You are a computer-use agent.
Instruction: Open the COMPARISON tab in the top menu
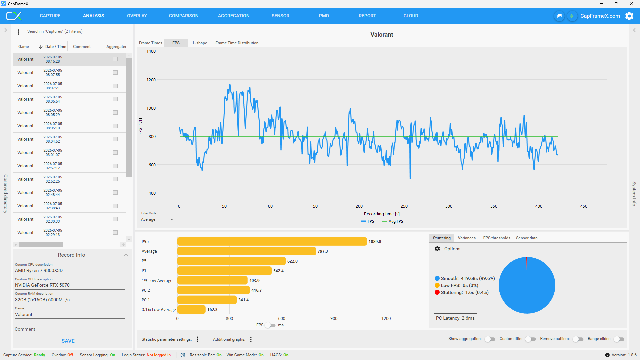click(x=184, y=16)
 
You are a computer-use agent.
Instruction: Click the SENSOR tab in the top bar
click(x=280, y=16)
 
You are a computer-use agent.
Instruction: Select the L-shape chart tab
click(x=200, y=43)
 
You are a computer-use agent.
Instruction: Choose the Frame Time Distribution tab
click(x=237, y=43)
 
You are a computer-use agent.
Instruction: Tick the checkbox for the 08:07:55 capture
click(x=115, y=73)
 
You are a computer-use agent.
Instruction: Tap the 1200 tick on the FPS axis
click(x=151, y=80)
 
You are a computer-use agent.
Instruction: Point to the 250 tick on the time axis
click(x=404, y=206)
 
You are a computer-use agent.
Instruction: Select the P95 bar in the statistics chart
click(x=272, y=242)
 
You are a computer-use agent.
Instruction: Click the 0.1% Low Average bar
click(x=191, y=310)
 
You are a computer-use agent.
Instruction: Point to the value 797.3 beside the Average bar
click(x=323, y=251)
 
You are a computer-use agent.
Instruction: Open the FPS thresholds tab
click(x=497, y=238)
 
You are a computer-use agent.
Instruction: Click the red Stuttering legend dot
click(x=437, y=292)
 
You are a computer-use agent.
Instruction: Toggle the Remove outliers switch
click(x=578, y=339)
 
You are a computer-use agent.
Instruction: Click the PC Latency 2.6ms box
click(x=455, y=318)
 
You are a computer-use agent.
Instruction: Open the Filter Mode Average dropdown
click(x=157, y=220)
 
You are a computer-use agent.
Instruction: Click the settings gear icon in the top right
click(x=629, y=16)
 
